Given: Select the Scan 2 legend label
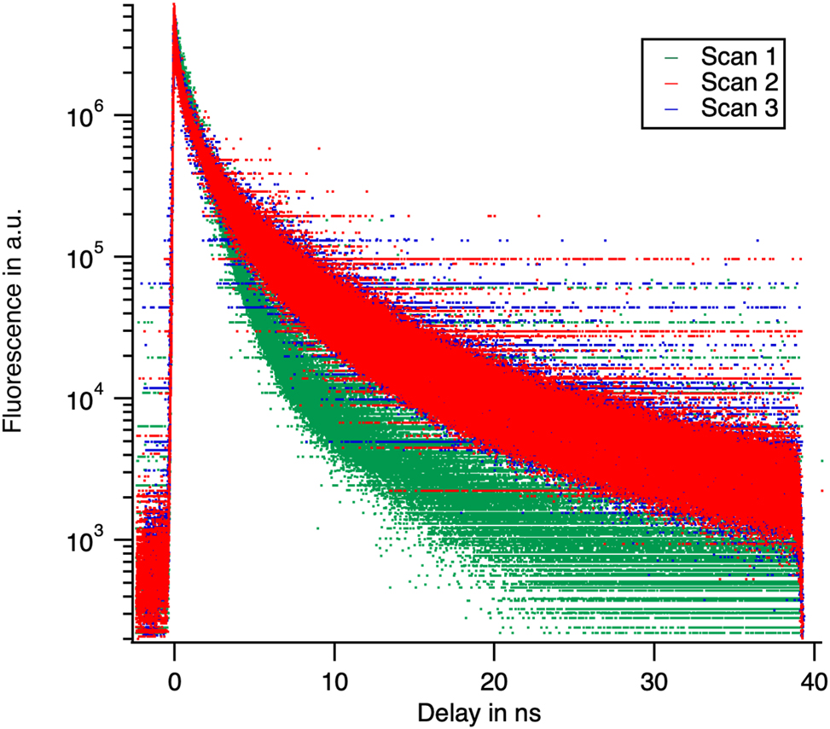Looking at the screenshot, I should (x=738, y=83).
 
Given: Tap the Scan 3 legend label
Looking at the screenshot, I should (x=738, y=108).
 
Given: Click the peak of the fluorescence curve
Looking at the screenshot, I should (x=174, y=7).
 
